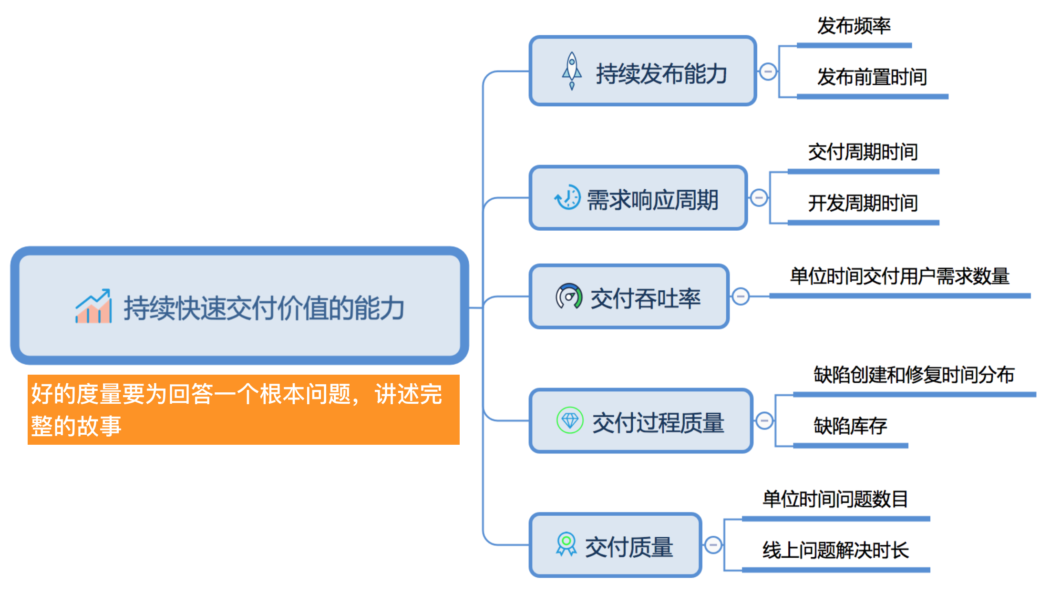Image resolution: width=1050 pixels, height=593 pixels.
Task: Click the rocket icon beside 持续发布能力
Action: [572, 71]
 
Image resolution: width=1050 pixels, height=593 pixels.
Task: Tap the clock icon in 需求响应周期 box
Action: [567, 197]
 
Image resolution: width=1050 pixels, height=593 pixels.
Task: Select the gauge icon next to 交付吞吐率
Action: [568, 296]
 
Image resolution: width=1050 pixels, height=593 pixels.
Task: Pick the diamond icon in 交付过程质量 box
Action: [570, 420]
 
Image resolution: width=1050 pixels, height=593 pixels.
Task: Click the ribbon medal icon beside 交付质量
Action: [566, 544]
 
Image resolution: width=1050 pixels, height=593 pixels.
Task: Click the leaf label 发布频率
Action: [854, 26]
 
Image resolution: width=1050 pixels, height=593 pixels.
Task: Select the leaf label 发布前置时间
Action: [872, 77]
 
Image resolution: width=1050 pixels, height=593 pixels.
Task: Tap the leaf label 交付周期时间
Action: [863, 153]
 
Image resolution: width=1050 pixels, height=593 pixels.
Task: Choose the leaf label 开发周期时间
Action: [863, 204]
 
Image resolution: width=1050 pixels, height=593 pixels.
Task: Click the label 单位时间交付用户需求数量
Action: [899, 276]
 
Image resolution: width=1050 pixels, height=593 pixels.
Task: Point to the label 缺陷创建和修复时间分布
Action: [914, 375]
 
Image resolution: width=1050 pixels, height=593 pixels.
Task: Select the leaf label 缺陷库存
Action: [850, 426]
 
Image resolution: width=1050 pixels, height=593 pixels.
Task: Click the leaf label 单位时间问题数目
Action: [835, 500]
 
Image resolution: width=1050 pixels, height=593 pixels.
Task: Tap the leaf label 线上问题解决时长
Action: [835, 551]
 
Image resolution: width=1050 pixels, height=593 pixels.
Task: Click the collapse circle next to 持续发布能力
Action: [768, 72]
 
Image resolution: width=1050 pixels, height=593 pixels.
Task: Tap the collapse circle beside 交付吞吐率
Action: [741, 296]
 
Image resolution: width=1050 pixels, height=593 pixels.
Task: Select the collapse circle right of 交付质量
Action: [713, 544]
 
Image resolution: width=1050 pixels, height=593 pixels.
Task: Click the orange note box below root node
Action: [243, 409]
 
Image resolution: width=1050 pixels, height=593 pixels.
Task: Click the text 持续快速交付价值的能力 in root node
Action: [264, 308]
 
